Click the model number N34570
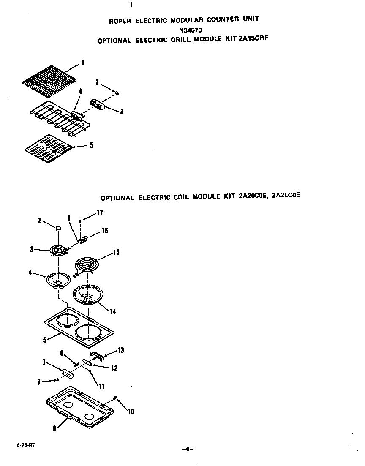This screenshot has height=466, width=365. [x=191, y=30]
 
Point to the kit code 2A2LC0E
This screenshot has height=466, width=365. [x=286, y=196]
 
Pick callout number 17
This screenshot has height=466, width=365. [x=100, y=213]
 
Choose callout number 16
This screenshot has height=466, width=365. [x=104, y=231]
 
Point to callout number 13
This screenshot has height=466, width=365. [x=121, y=350]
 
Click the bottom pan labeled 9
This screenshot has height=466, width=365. [x=80, y=408]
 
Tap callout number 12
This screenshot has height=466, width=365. [x=114, y=368]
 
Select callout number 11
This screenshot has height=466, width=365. [x=101, y=386]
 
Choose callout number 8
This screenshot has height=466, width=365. [x=39, y=382]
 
